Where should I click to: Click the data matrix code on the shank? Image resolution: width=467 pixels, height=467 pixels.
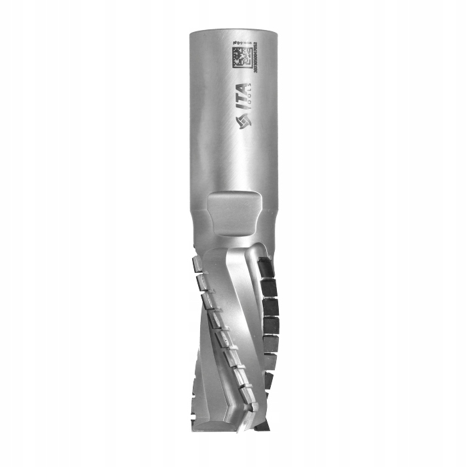coord(240,57)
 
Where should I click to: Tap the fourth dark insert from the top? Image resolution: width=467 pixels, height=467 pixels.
coord(270,326)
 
